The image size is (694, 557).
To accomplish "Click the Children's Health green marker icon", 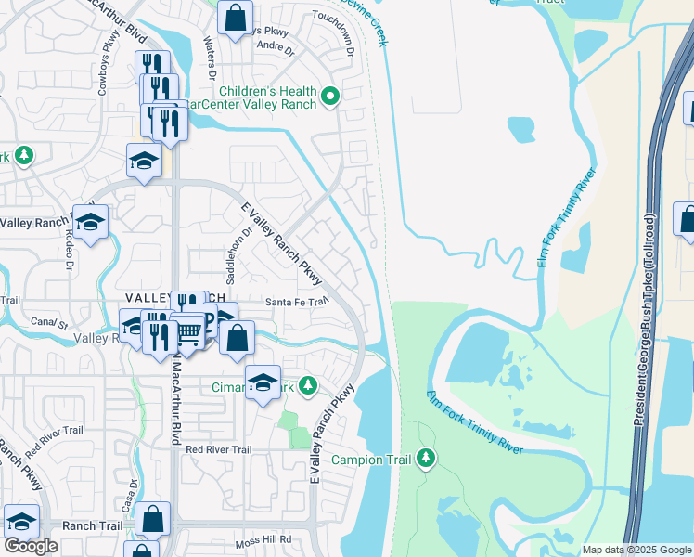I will [x=329, y=97].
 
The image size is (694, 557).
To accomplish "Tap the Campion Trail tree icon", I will [x=426, y=458].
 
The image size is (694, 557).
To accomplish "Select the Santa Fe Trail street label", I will [x=298, y=302].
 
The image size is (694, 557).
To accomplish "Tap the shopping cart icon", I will [x=189, y=330].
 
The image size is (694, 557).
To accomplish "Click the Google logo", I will [x=31, y=546].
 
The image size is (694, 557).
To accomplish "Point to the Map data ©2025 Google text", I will [x=636, y=550].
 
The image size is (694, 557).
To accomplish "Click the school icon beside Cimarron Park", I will [x=263, y=382].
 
